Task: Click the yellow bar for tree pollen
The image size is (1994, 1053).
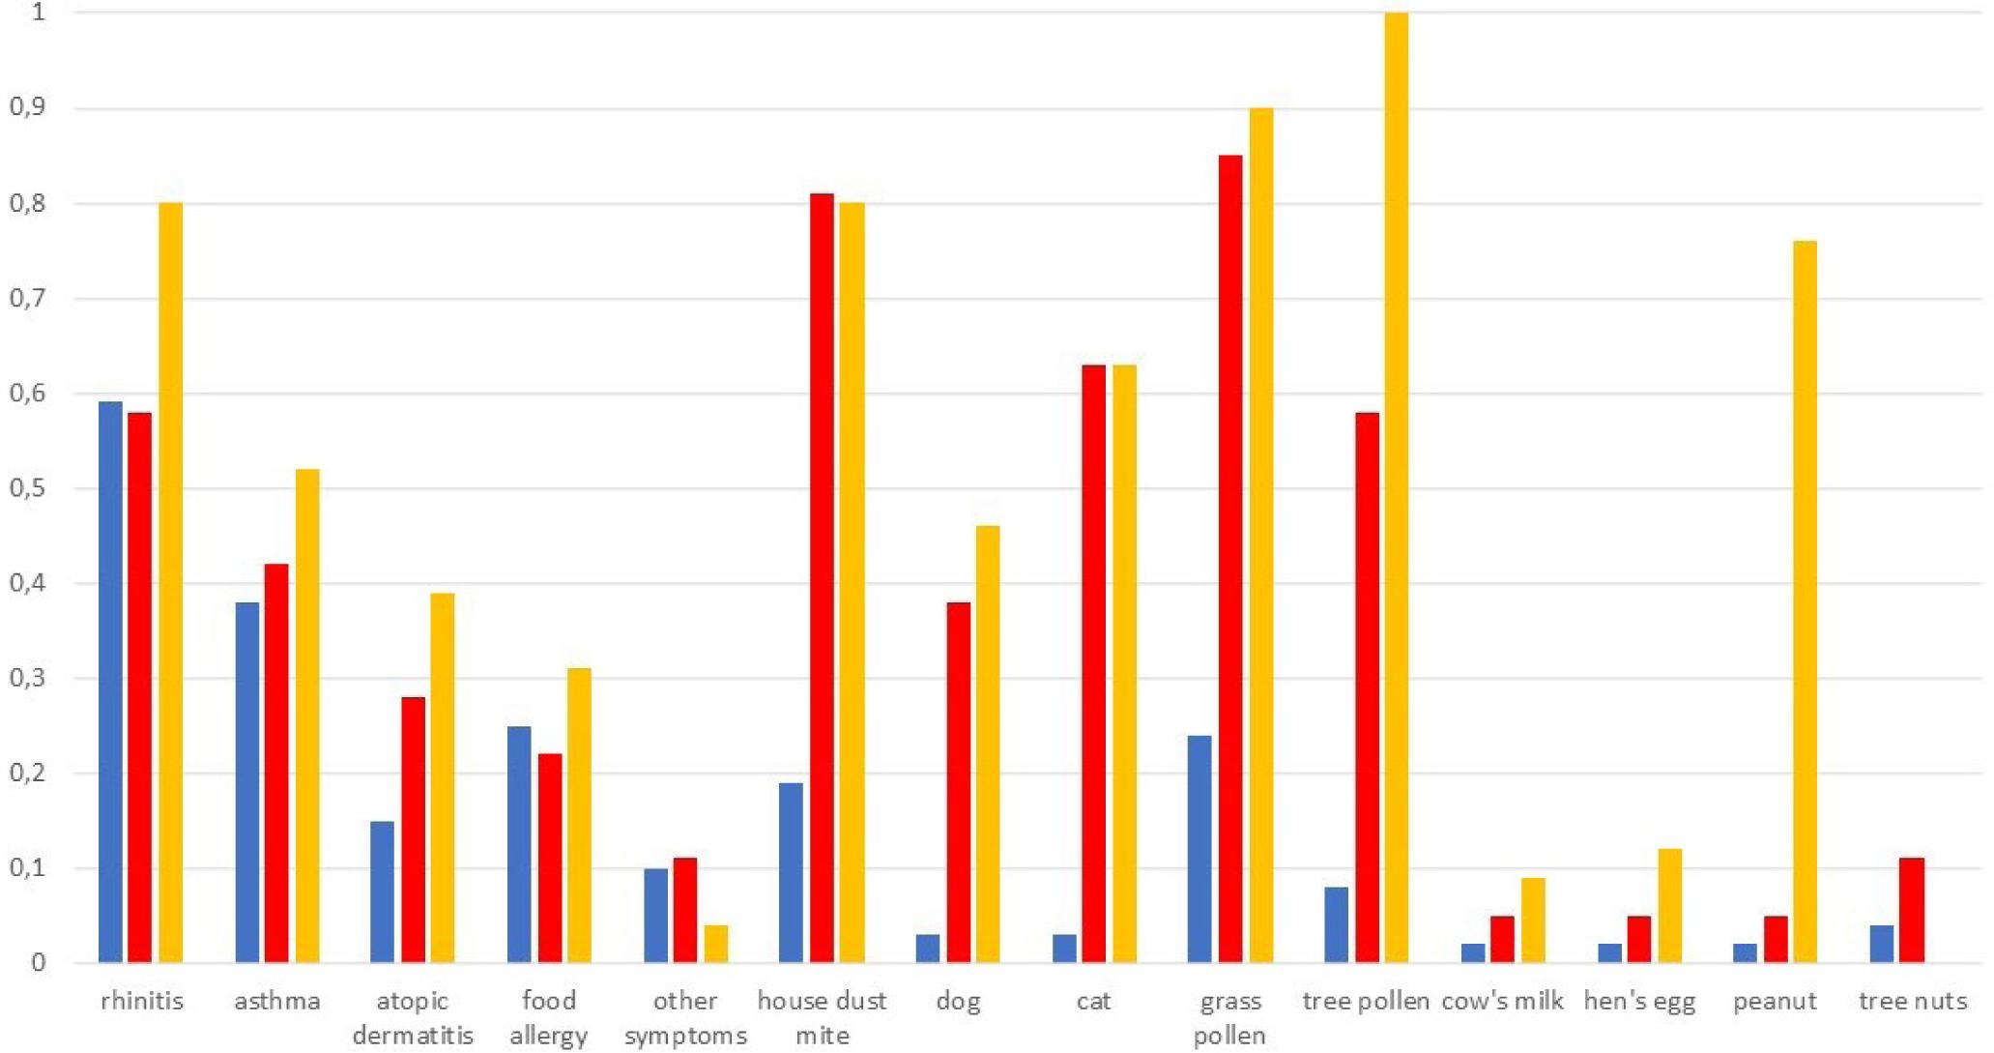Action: (x=1396, y=487)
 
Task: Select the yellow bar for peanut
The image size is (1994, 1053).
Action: (x=1805, y=601)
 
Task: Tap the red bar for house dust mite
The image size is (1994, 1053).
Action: (x=822, y=578)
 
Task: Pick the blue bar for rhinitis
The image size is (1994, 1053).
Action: (x=110, y=682)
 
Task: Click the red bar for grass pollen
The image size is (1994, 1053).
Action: (x=1230, y=559)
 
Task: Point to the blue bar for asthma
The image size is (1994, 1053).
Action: (x=246, y=782)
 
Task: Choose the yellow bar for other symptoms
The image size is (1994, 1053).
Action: (x=716, y=944)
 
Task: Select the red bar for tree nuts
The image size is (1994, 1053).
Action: (x=1912, y=910)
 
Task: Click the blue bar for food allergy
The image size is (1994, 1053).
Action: (x=519, y=844)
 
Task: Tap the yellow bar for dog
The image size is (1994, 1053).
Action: (x=988, y=744)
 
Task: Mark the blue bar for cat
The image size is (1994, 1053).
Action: (x=1064, y=949)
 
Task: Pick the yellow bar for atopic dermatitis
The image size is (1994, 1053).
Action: (x=443, y=777)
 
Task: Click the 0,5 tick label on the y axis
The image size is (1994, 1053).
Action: (x=28, y=488)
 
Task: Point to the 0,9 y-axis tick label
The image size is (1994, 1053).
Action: (x=28, y=108)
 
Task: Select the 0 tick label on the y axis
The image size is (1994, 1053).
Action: (x=37, y=962)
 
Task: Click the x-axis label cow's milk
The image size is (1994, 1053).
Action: (x=1502, y=1001)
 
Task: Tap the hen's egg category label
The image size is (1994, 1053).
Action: (x=1639, y=1001)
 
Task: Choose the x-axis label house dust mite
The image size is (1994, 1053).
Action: (x=822, y=1017)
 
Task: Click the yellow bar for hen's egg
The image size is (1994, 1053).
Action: (x=1669, y=906)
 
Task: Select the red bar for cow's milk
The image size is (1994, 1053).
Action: (x=1502, y=939)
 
